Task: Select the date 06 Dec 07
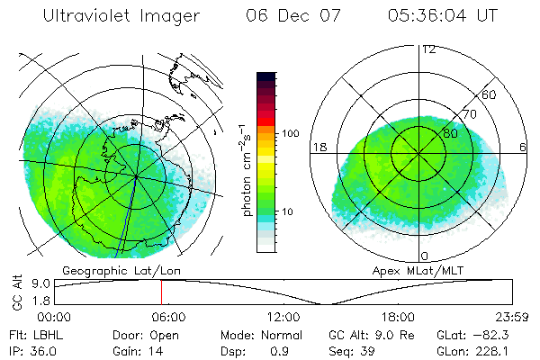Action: [x=289, y=16]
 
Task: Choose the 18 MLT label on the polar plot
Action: [x=318, y=147]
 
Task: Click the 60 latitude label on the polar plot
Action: [x=490, y=94]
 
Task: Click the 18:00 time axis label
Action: [x=398, y=317]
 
